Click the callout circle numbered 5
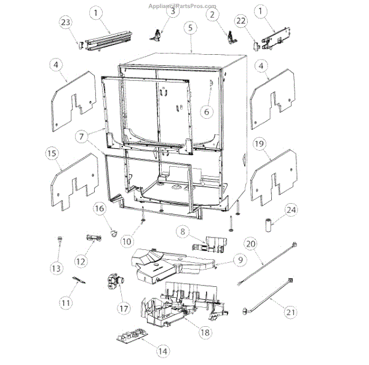(x=191, y=28)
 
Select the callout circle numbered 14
(x=162, y=351)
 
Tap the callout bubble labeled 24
(x=291, y=211)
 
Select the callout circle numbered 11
(x=66, y=302)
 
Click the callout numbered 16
(x=100, y=209)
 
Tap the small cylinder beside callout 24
(x=269, y=223)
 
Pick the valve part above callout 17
(x=113, y=281)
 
